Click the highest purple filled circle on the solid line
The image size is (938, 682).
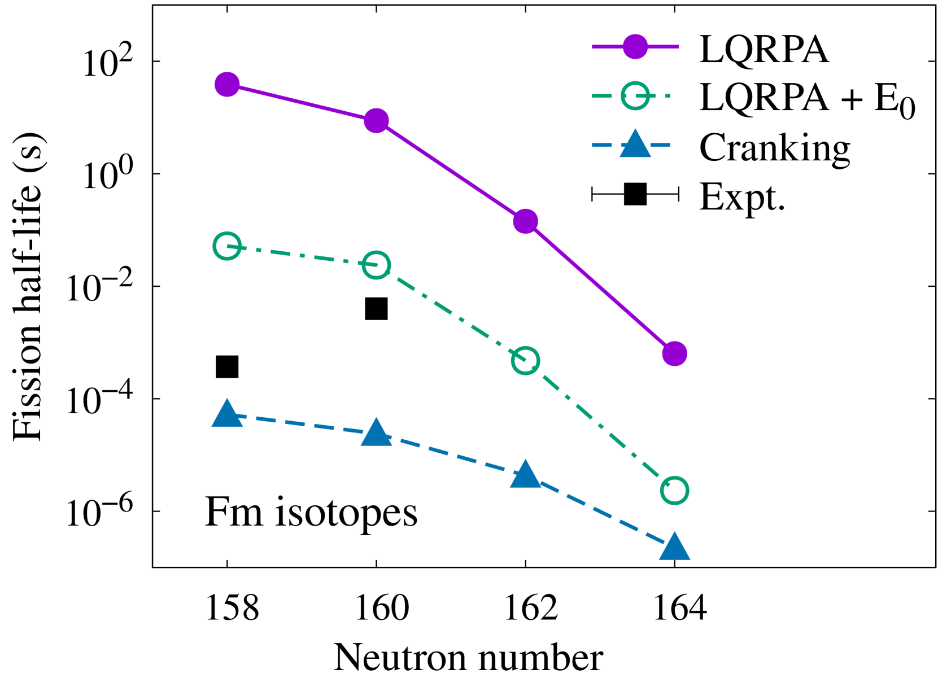(x=227, y=85)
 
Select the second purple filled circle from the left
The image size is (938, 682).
(x=376, y=121)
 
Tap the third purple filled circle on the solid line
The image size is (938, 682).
(x=525, y=221)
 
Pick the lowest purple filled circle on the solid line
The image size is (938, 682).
(x=674, y=354)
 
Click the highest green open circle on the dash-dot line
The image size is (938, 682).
(x=227, y=246)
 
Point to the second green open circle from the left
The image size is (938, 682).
(x=376, y=265)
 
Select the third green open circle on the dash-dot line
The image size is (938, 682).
(x=525, y=361)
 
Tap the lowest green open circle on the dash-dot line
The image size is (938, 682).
(x=674, y=490)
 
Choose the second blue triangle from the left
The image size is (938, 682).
(x=376, y=433)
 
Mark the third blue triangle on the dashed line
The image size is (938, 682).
(x=525, y=475)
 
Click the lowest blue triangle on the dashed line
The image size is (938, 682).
(x=674, y=547)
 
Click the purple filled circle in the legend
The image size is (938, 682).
(x=635, y=47)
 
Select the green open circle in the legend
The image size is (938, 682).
(x=635, y=96)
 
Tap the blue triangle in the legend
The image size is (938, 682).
(x=635, y=145)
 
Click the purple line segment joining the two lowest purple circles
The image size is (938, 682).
(x=600, y=287)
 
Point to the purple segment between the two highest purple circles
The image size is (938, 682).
(x=302, y=103)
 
